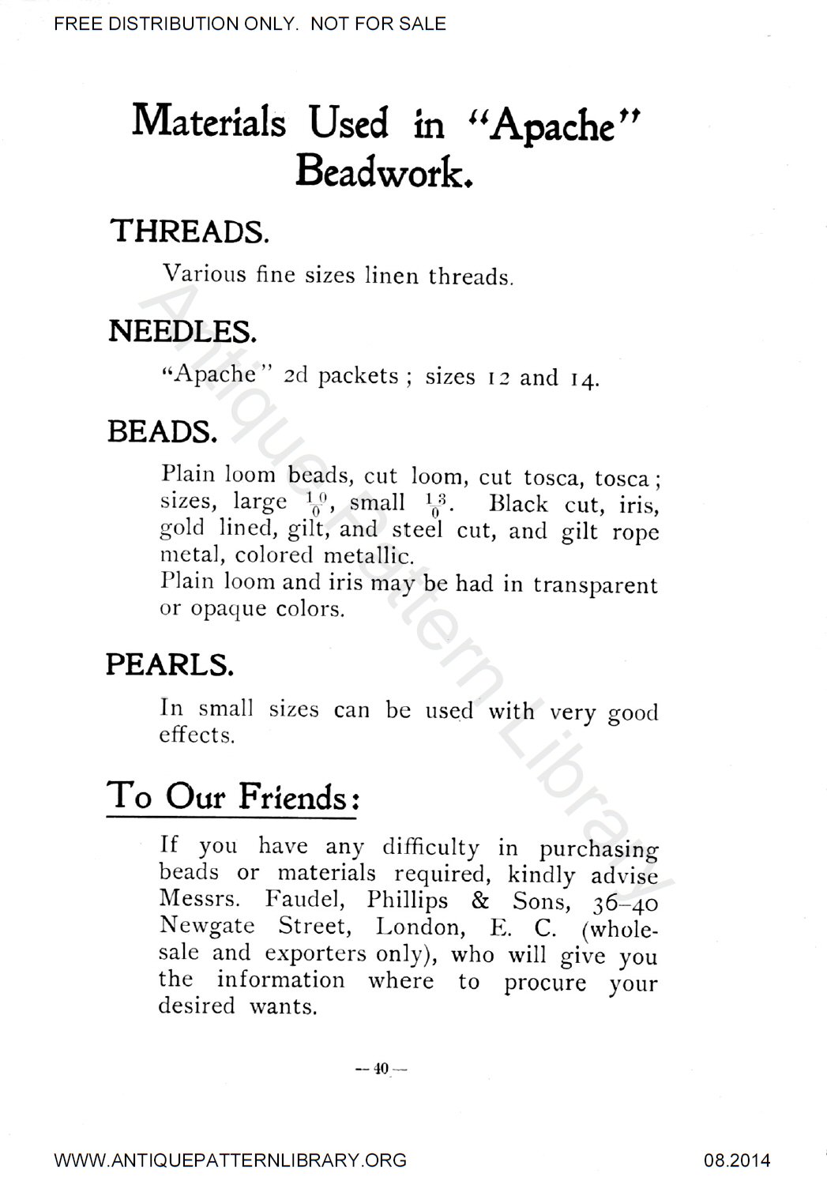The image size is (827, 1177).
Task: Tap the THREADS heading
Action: tap(190, 231)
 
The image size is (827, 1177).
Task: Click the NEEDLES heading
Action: tap(182, 331)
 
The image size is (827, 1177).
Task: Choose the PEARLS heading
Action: tap(170, 665)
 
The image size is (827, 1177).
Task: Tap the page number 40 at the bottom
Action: tap(381, 1069)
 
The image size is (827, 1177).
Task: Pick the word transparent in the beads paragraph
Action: tap(595, 585)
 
